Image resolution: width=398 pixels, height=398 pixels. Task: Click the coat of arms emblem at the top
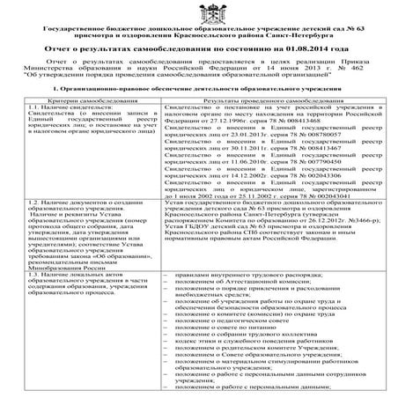click(199, 12)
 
